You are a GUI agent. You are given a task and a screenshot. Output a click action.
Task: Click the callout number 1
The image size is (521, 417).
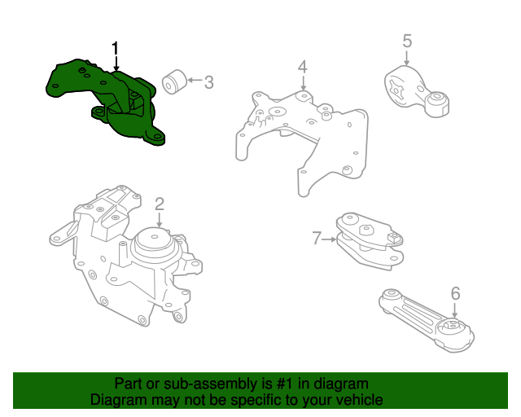[x=116, y=48]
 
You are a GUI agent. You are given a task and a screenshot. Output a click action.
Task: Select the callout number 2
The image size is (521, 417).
[x=160, y=204]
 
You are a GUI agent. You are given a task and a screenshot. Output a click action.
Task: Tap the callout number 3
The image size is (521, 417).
[x=208, y=81]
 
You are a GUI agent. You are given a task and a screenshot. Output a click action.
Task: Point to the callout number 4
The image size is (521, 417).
[x=302, y=66]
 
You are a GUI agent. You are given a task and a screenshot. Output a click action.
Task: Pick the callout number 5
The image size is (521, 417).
[x=407, y=41]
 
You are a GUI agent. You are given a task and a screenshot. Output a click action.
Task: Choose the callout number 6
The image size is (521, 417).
[x=455, y=293]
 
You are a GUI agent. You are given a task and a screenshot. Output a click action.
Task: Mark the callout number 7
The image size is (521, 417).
[x=317, y=239]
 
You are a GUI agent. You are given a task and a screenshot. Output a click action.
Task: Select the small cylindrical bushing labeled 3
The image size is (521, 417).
[x=172, y=82]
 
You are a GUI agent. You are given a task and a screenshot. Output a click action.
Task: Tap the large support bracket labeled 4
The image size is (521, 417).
[x=301, y=134]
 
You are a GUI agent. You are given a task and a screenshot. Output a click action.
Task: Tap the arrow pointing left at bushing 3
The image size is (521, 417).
[x=193, y=81]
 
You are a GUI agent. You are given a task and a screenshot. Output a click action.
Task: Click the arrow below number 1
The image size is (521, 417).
[x=116, y=64]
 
